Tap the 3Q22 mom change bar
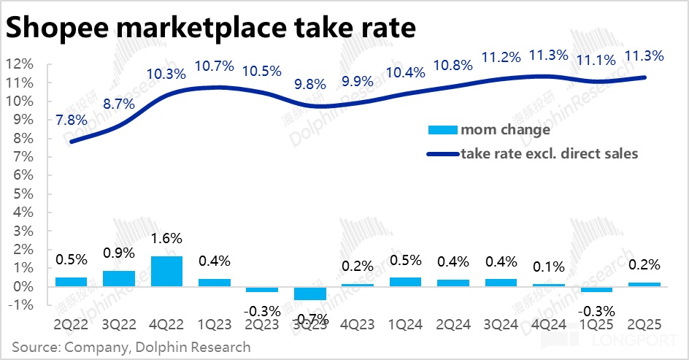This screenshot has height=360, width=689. point(118,278)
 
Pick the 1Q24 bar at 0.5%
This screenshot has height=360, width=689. point(405,282)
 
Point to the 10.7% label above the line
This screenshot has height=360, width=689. point(214,66)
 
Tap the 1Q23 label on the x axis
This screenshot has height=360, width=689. point(214,325)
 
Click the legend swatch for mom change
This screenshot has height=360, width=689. point(441,131)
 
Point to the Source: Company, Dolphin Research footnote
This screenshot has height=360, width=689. point(131,347)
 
